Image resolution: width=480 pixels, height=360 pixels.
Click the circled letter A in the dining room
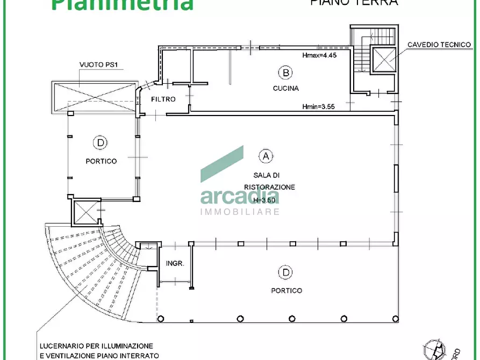[x=266, y=156]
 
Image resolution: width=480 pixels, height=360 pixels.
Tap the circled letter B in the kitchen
[x=285, y=72]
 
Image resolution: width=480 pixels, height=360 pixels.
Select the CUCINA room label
[x=285, y=88]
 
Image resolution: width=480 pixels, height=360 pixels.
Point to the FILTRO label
[x=163, y=99]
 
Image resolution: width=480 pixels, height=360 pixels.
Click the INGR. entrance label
[x=175, y=264]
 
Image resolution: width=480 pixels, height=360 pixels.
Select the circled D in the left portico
[x=100, y=143]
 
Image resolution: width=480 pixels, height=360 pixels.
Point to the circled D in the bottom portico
[x=285, y=273]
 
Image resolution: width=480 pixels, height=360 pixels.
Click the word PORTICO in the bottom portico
[x=286, y=291]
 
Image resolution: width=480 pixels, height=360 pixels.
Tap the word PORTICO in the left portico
[x=101, y=161]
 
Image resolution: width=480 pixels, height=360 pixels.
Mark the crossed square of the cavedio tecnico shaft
[x=384, y=59]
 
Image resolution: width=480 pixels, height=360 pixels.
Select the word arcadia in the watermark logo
[x=240, y=196]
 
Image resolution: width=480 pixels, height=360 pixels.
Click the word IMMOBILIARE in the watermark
[x=240, y=212]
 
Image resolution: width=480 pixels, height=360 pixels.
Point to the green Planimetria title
[x=123, y=4]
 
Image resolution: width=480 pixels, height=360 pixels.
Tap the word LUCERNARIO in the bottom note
[x=60, y=346]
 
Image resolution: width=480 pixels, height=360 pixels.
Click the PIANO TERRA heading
[x=354, y=2]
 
